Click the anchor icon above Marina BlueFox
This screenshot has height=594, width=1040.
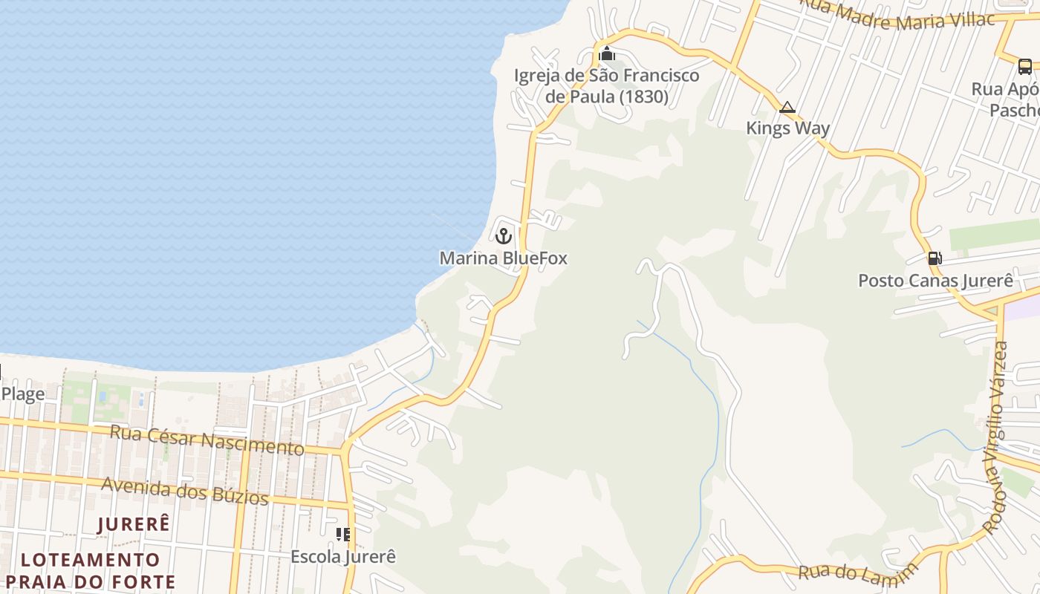coord(504,236)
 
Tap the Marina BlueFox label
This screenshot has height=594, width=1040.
coord(503,258)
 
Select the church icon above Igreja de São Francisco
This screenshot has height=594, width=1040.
coord(607,53)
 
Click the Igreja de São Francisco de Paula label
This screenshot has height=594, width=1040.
coord(607,86)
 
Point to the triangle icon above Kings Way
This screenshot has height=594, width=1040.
coord(787,108)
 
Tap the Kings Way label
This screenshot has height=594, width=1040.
coord(787,128)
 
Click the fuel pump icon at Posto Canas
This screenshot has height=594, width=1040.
coord(935,258)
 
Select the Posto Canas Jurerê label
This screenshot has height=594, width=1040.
coord(935,281)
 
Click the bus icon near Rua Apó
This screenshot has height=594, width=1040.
coord(1024,67)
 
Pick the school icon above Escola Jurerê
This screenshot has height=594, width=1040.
coord(342,535)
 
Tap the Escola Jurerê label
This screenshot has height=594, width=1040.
coord(342,556)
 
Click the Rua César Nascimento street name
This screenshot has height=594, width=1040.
coord(207,440)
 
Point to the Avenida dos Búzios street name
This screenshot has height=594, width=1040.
coord(185,490)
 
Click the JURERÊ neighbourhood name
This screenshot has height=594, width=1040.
coord(134,523)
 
